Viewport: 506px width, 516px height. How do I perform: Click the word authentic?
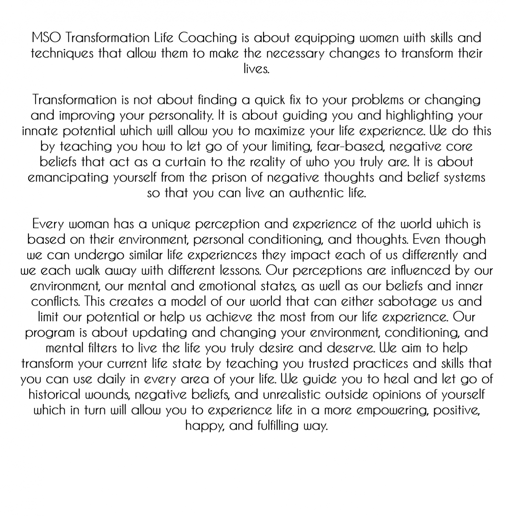pos(316,193)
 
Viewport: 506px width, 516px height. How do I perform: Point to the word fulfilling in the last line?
pos(278,426)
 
